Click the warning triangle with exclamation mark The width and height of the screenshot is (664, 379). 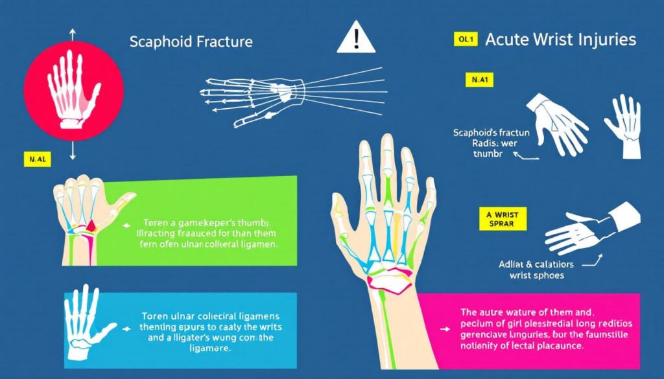(x=355, y=38)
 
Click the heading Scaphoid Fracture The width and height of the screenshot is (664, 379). (x=191, y=42)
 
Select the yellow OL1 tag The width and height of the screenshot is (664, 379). (x=464, y=40)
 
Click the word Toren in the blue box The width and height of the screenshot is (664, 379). (x=155, y=316)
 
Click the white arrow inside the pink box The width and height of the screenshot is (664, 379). (x=444, y=328)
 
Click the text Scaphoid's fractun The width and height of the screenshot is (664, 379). (x=492, y=132)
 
